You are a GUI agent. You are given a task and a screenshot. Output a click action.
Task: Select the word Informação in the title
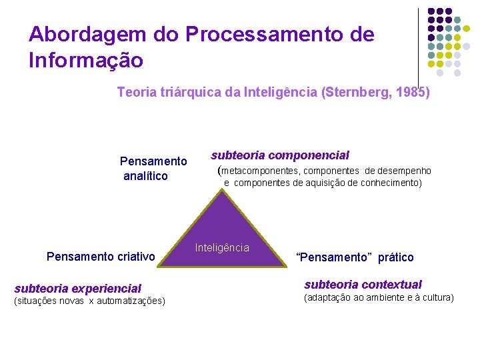point(86,61)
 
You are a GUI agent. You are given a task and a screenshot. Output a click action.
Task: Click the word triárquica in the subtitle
point(191,93)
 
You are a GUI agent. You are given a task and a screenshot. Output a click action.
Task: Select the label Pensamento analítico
point(153,169)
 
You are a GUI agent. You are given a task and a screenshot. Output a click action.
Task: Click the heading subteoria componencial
point(280,155)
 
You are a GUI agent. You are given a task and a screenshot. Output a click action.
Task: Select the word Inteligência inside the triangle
point(222,248)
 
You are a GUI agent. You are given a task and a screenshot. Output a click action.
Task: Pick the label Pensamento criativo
point(101,257)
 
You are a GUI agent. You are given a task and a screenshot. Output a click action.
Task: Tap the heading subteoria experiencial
point(78,289)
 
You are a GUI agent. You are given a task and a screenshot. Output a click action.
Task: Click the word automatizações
point(130,301)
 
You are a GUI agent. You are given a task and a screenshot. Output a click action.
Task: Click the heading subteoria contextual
point(363,285)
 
